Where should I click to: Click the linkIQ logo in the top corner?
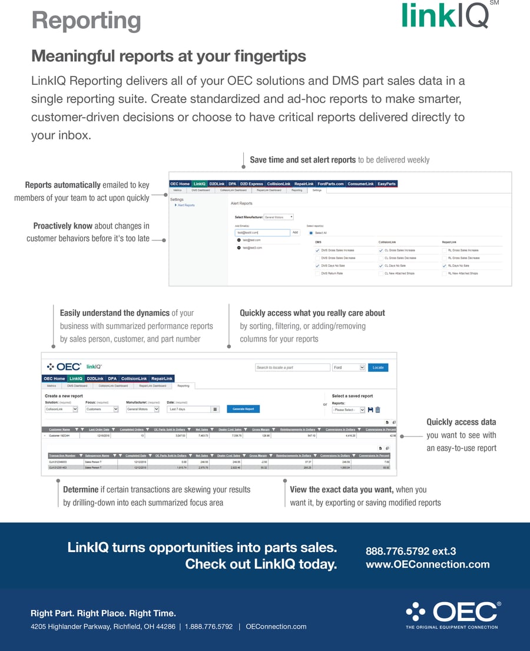(446, 15)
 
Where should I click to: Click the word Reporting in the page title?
(86, 20)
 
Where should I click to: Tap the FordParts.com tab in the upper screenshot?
(330, 184)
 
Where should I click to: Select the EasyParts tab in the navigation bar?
(387, 184)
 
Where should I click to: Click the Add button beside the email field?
(296, 233)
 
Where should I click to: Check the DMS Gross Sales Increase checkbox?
(318, 250)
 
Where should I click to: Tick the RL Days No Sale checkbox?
(445, 266)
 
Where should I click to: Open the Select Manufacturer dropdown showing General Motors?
(279, 217)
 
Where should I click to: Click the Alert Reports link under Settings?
(186, 205)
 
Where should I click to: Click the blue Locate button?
(378, 368)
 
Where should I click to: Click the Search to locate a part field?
(293, 368)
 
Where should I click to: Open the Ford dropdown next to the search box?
(349, 368)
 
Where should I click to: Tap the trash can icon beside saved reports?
(378, 410)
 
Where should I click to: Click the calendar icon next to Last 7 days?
(215, 409)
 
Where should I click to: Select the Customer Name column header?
(59, 429)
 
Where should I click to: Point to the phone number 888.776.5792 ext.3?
(411, 551)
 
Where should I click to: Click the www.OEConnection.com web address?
(428, 564)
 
